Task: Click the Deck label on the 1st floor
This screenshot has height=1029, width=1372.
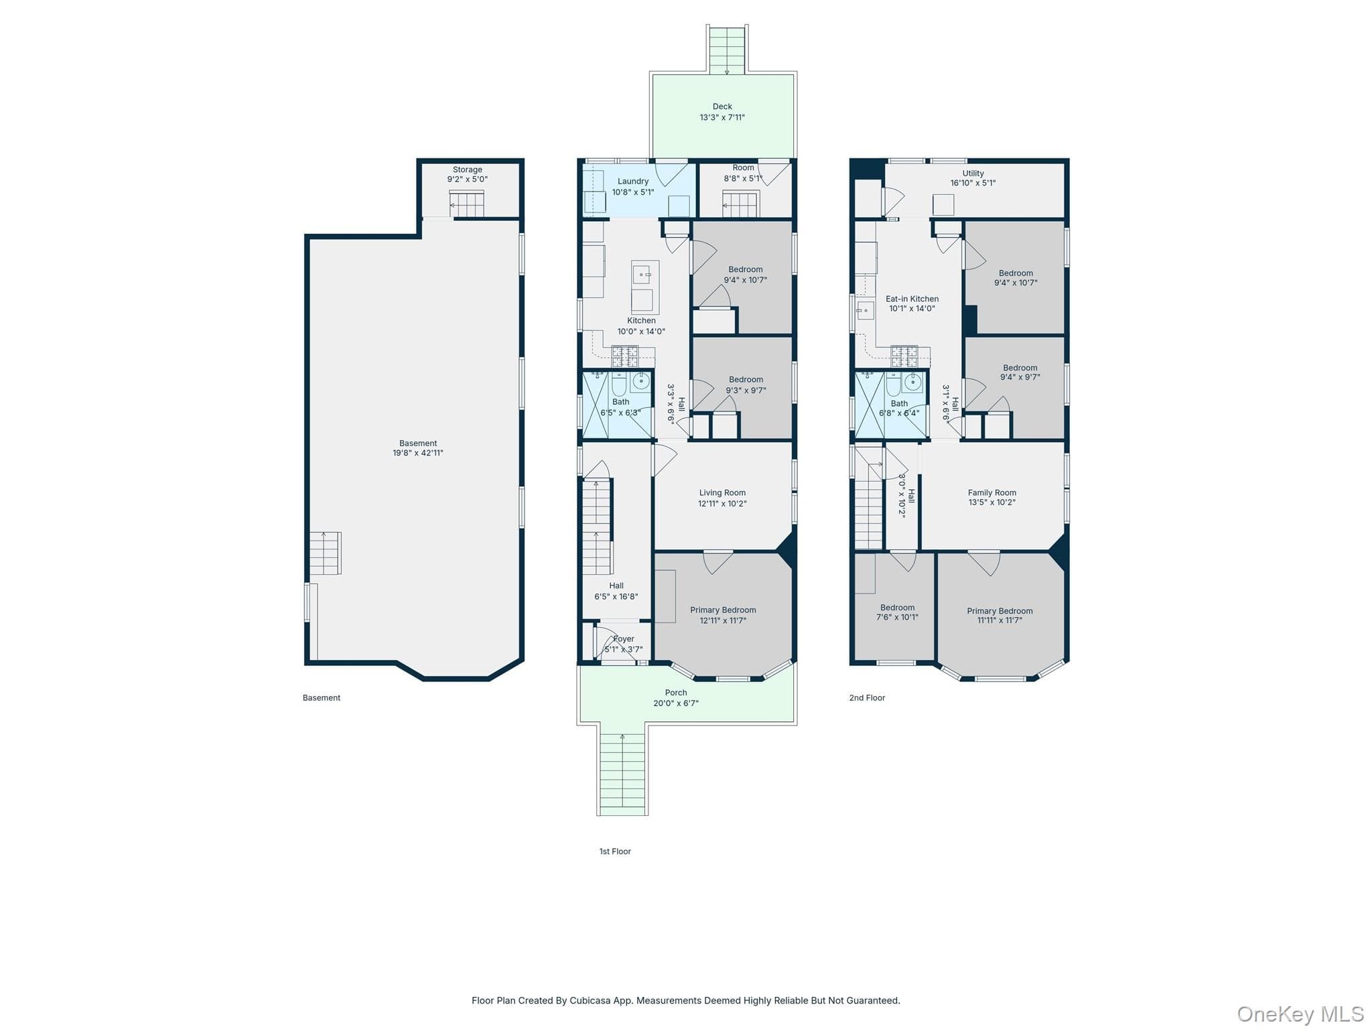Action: (722, 107)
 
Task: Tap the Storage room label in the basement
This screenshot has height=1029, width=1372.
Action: (468, 170)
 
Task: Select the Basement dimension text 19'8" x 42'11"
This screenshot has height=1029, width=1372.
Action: (418, 453)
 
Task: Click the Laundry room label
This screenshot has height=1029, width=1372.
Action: (633, 182)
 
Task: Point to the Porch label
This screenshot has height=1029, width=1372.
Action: (676, 693)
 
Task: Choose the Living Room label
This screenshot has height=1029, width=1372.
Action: (722, 492)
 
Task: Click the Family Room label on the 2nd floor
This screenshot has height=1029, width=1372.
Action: (992, 492)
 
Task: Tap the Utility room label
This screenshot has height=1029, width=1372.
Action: (973, 174)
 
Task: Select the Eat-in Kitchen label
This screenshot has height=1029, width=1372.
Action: (912, 299)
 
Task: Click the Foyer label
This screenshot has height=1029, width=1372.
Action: (624, 639)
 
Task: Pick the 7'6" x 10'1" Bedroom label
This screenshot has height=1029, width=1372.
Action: (898, 612)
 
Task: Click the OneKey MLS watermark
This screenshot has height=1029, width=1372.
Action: (1300, 1014)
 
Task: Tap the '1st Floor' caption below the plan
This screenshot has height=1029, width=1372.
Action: (615, 851)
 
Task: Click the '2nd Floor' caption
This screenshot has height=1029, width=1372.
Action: (868, 697)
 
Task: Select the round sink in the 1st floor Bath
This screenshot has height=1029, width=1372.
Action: (641, 382)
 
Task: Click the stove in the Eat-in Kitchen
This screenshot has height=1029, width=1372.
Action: (904, 356)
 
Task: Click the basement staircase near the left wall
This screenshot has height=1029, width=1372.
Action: (326, 553)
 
